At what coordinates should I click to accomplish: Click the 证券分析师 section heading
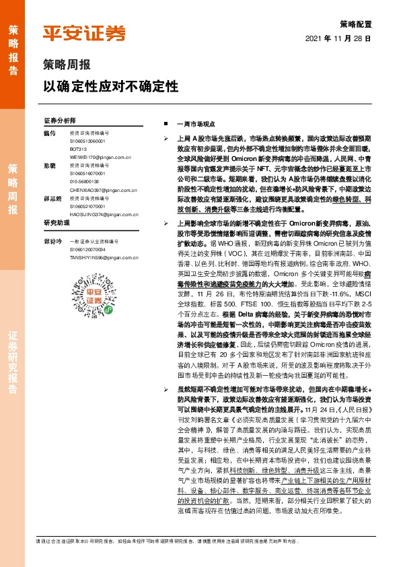(60, 120)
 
